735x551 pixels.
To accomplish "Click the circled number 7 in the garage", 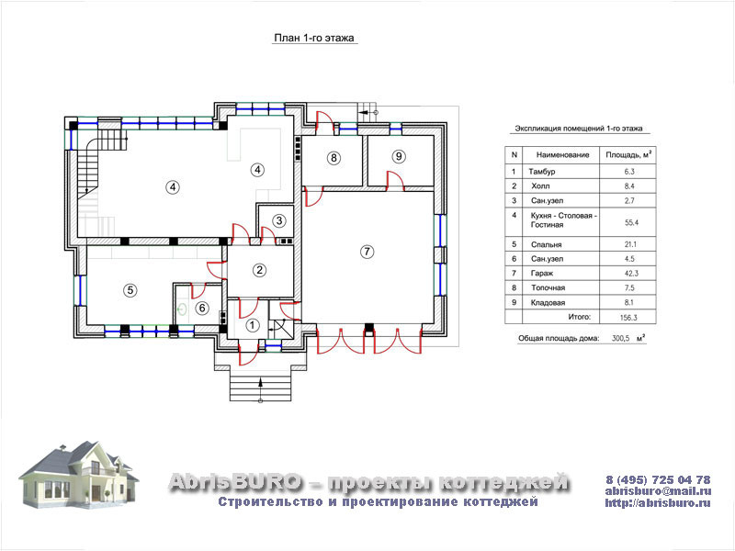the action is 367,252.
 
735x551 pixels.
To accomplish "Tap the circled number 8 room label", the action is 334,158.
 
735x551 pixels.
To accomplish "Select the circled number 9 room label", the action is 399,156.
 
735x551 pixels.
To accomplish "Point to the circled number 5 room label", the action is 130,290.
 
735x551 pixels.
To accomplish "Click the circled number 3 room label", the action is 279,220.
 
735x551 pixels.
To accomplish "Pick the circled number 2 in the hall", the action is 259,269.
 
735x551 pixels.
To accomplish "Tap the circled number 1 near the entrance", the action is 253,325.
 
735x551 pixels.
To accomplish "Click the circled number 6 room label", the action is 202,308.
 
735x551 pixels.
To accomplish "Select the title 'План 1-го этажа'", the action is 314,38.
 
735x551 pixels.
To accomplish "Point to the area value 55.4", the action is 631,222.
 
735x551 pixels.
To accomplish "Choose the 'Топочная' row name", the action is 548,287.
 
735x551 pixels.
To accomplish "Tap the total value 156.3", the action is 628,318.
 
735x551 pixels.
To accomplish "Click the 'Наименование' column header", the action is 562,154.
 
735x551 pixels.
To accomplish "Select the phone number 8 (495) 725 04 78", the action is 658,479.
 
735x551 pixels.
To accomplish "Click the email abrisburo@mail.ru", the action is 658,491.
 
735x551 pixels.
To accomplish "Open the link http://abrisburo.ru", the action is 658,503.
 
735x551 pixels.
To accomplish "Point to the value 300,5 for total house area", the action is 621,338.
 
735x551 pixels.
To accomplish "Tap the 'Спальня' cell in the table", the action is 546,244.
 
